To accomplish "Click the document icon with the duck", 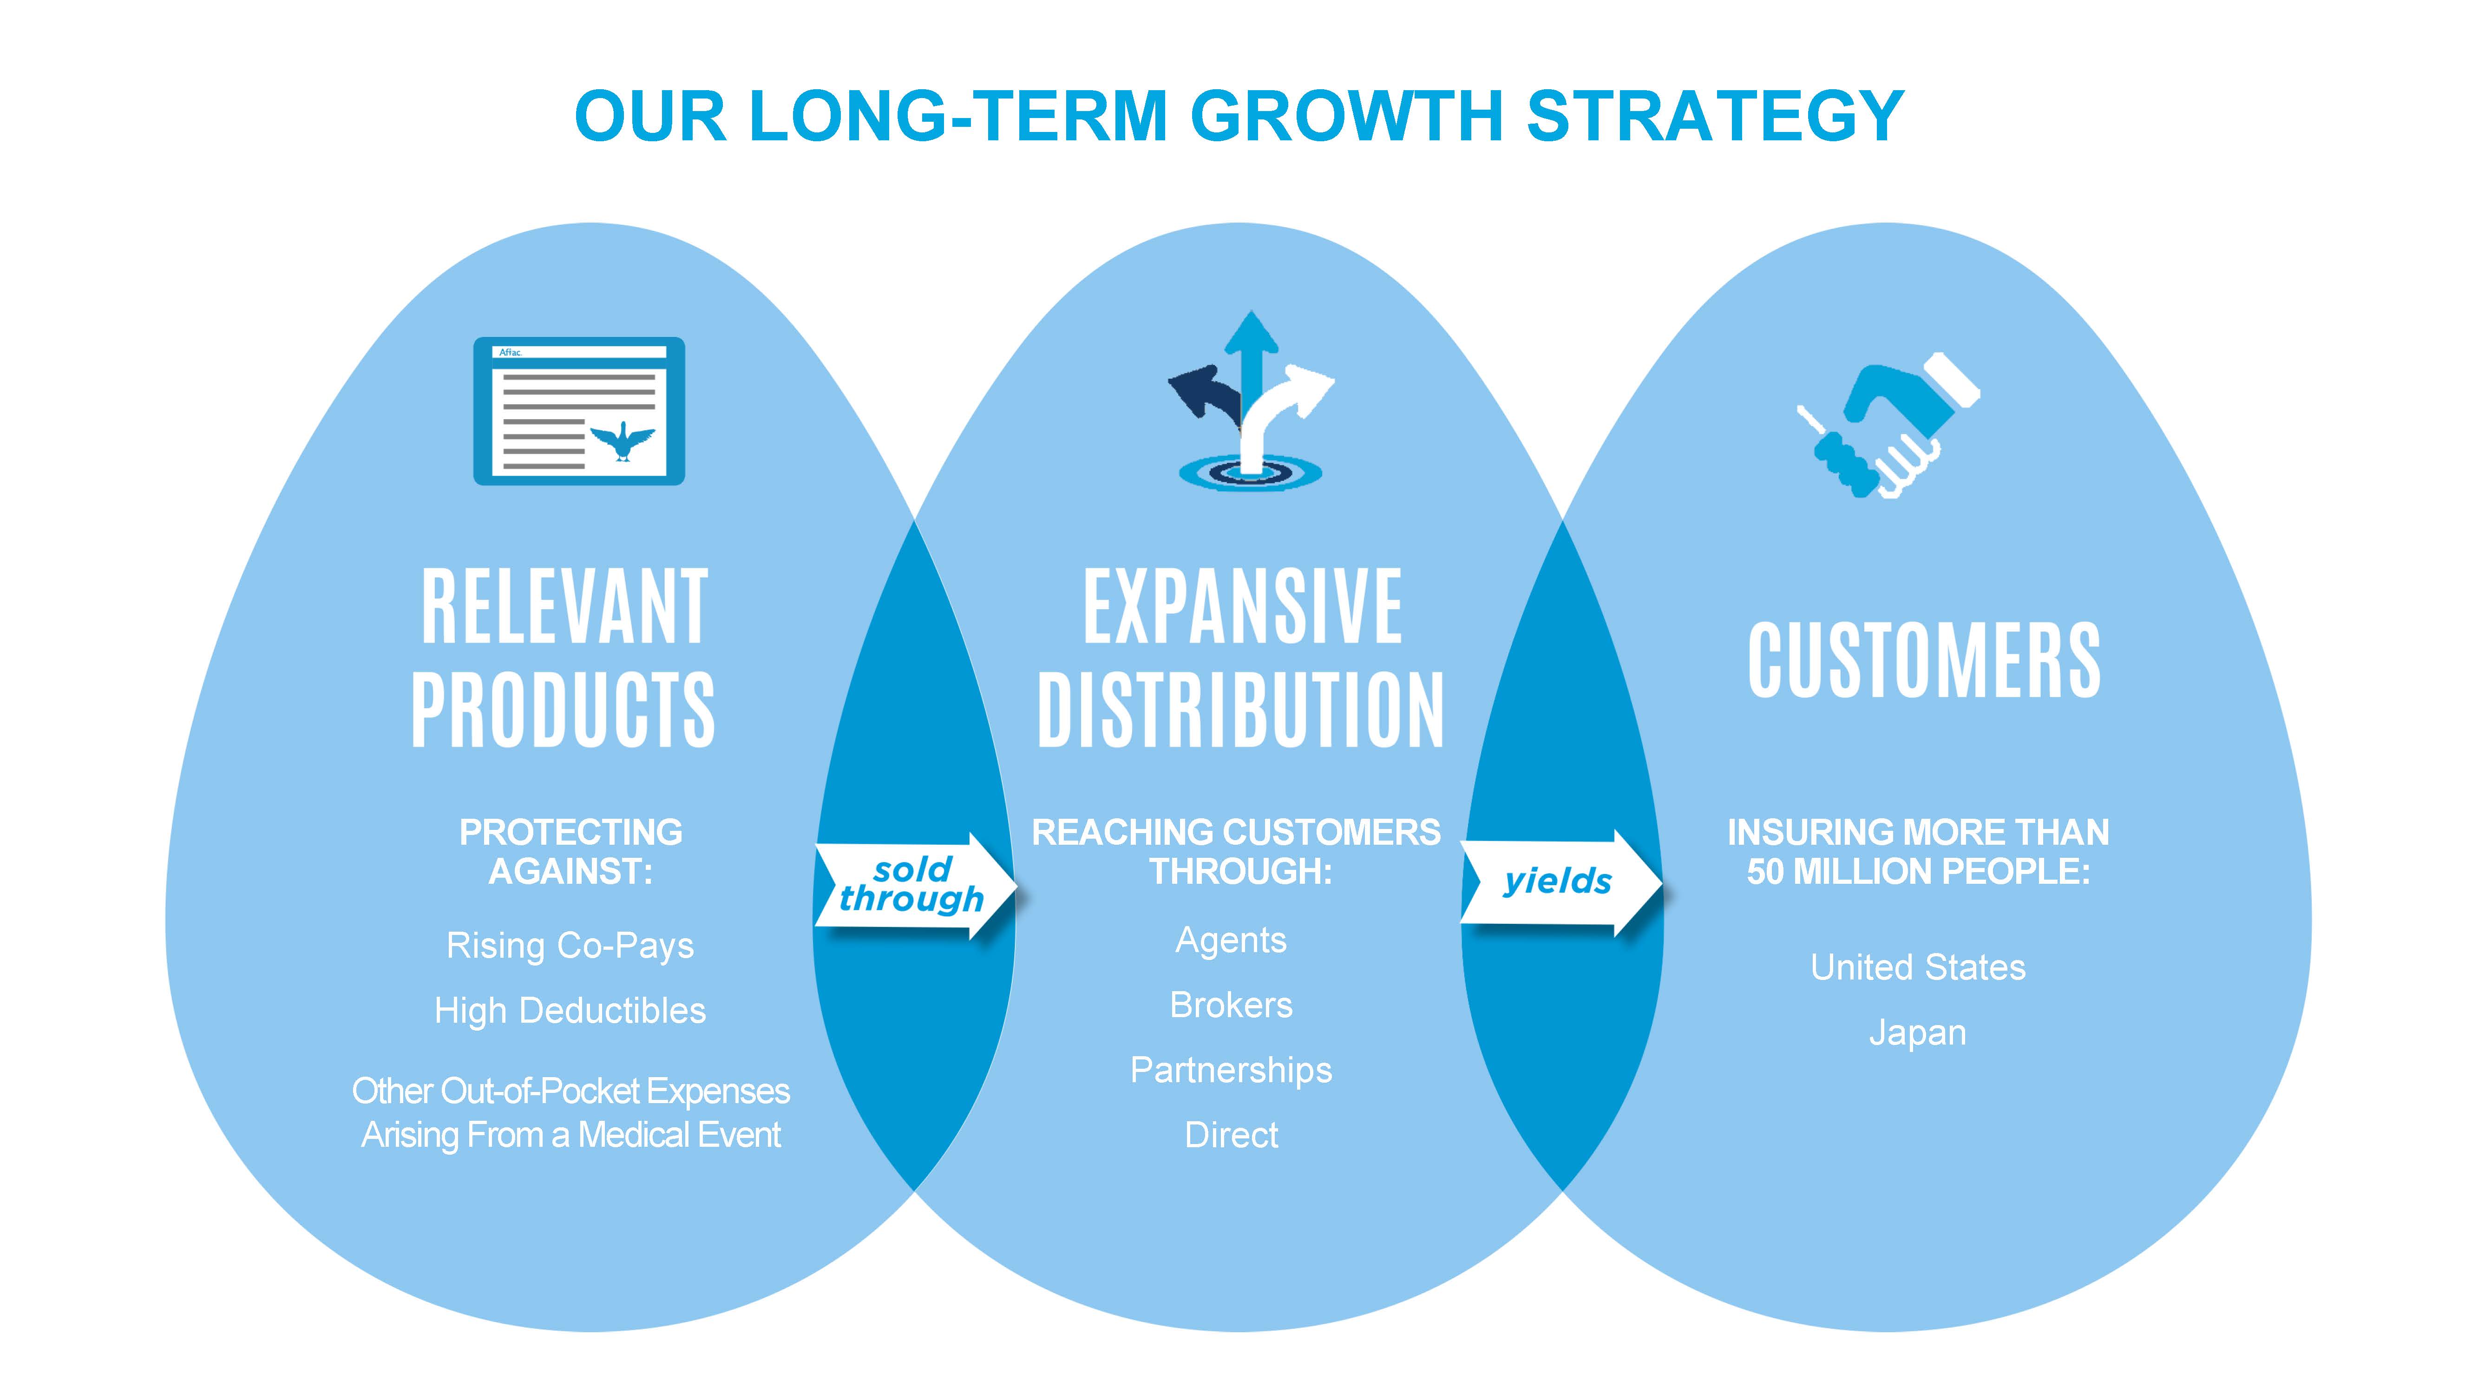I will [579, 411].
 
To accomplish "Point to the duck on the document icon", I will [623, 441].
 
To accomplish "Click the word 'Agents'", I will [1231, 940].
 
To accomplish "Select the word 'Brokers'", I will [1231, 1006].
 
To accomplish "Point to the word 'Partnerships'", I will [1231, 1070].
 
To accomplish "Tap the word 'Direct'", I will [1231, 1135].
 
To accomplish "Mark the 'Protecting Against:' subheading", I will [570, 851].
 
